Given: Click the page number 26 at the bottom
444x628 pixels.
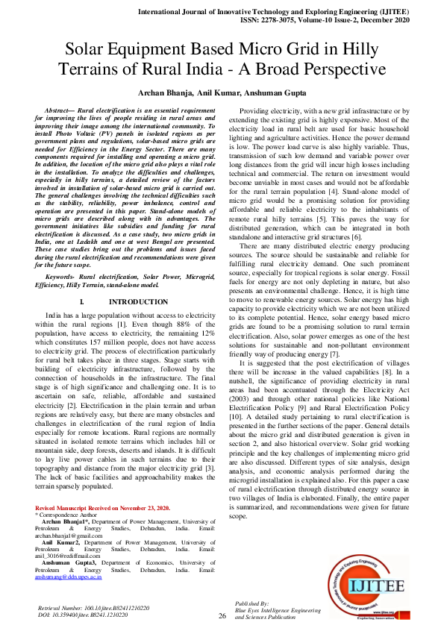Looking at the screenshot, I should (x=222, y=616).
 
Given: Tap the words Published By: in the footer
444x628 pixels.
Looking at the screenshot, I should (x=252, y=603).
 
